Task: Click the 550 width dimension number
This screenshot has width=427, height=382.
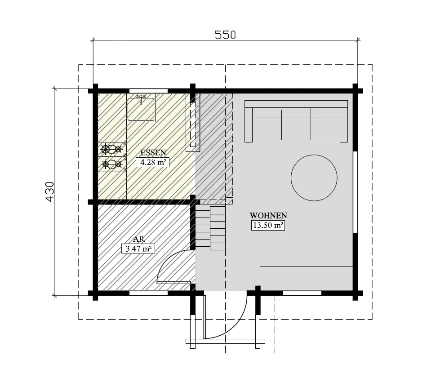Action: pos(225,35)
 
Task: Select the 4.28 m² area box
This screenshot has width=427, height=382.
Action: pos(152,162)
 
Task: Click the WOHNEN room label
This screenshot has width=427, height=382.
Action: pos(268,215)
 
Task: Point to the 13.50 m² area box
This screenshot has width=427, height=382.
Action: pos(268,226)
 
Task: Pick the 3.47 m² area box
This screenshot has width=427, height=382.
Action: pos(138,248)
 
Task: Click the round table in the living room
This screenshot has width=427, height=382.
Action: pos(314,178)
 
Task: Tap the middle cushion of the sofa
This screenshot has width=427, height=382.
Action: pos(296,126)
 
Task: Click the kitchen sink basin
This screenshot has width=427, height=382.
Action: pos(141,109)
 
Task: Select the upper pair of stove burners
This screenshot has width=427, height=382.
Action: pos(111,149)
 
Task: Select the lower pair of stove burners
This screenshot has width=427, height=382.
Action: pos(111,164)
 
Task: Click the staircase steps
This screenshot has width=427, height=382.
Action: pos(210,227)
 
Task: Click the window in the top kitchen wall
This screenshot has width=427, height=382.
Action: pos(148,90)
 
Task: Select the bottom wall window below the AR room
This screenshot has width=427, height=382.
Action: pos(148,293)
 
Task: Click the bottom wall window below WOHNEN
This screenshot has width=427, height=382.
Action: pos(302,293)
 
